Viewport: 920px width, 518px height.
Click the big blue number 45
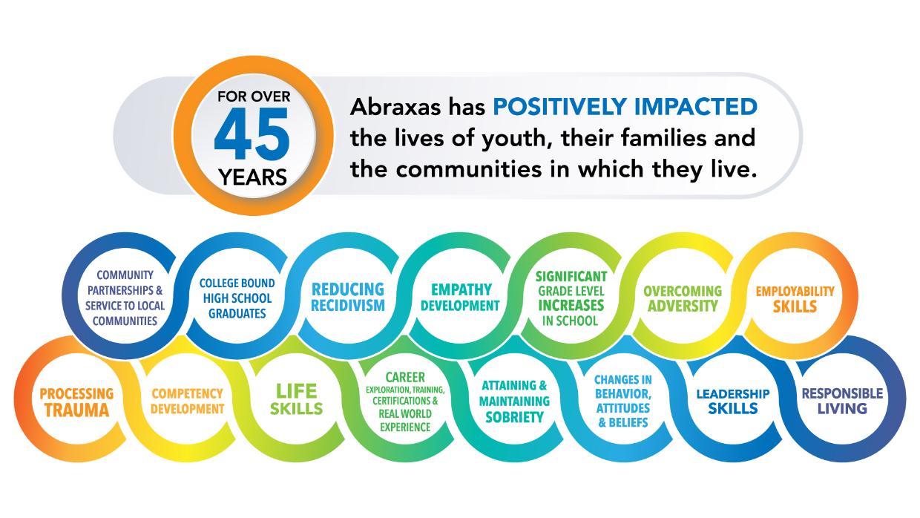252,134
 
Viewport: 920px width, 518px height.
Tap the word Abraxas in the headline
395,107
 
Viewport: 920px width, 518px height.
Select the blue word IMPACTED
695,106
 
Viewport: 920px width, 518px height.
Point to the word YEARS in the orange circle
252,177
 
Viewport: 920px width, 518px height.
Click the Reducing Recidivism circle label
348,298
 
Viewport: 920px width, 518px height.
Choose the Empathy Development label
461,298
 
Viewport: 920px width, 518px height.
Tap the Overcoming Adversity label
683,298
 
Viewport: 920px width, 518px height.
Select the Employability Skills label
795,299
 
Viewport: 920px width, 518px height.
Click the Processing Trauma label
76,401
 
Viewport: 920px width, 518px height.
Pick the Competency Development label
187,401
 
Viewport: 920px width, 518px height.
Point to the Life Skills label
296,400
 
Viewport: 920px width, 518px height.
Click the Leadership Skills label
733,401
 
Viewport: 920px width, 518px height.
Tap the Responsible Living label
842,401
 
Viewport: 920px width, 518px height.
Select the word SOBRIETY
514,417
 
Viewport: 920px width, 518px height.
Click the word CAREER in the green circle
405,377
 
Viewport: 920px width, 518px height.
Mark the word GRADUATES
237,313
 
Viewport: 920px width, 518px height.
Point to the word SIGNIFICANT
571,277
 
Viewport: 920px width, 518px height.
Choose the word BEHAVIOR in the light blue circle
623,394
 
